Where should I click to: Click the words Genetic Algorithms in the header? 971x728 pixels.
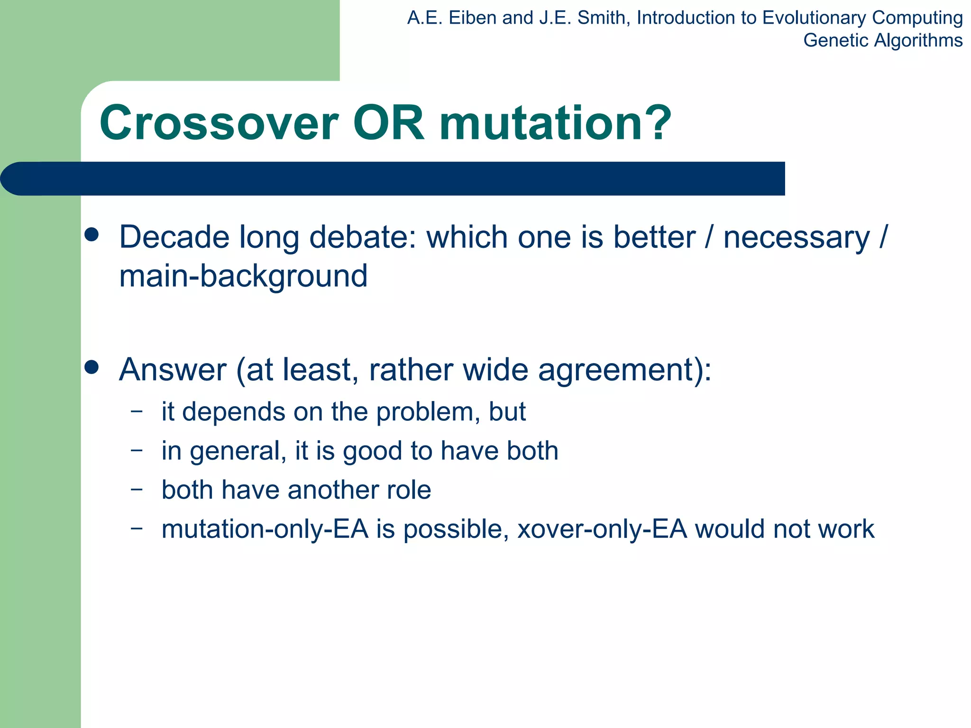click(882, 40)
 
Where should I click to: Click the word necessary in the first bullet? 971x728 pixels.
click(797, 238)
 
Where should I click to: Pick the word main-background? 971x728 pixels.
click(243, 276)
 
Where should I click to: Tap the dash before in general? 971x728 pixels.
click(137, 450)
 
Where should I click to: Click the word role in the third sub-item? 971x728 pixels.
click(409, 490)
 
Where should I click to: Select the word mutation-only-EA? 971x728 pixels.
click(265, 529)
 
